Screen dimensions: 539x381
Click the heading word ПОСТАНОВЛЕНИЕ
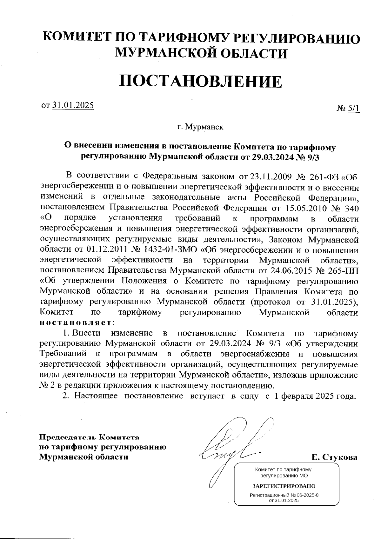pyautogui.click(x=200, y=81)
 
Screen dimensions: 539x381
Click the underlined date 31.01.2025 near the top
pyautogui.click(x=73, y=105)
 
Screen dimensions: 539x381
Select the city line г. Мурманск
pyautogui.click(x=200, y=127)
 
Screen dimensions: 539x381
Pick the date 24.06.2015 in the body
pyautogui.click(x=282, y=271)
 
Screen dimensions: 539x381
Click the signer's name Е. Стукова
pyautogui.click(x=334, y=457)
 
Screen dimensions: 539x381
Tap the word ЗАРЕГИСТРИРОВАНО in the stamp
pyautogui.click(x=284, y=486)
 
